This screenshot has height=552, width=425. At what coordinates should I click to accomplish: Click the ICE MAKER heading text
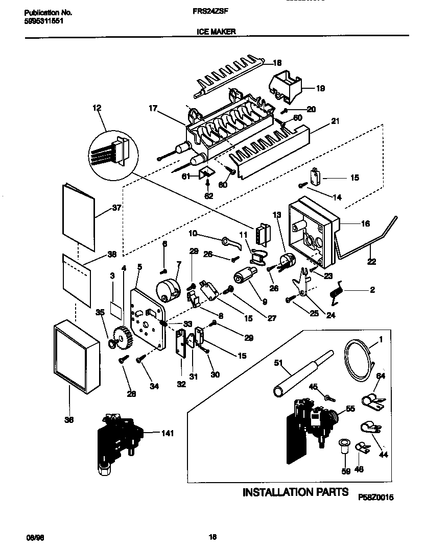(216, 31)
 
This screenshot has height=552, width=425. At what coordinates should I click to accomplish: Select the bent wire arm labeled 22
(368, 240)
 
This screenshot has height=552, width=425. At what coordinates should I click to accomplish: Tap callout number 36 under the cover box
(69, 420)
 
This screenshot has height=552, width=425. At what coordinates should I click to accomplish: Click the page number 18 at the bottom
(213, 536)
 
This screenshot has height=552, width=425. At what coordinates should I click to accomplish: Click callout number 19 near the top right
(320, 88)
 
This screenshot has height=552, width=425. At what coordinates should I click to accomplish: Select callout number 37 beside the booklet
(118, 208)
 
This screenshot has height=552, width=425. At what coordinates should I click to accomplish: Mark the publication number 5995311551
(44, 22)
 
